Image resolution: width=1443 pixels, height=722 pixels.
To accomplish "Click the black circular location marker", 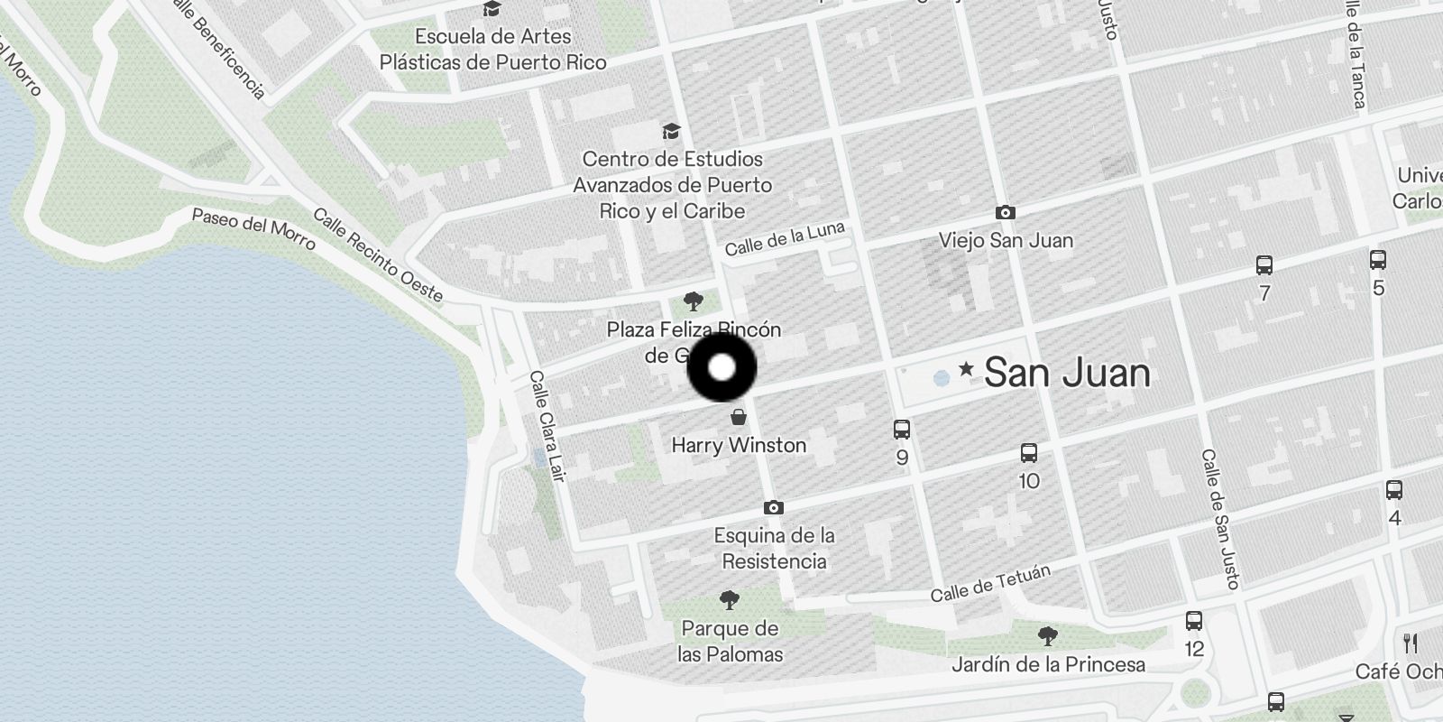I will [721, 367].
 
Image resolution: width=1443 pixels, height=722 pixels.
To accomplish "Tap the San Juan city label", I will [1067, 373].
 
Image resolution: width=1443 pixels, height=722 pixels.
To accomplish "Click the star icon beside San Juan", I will [966, 368].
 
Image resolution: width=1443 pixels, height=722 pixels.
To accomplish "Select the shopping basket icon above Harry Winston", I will [739, 417].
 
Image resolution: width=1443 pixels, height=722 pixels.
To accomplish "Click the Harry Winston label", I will [739, 445].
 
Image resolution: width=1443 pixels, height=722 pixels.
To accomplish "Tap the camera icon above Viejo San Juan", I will [1005, 213].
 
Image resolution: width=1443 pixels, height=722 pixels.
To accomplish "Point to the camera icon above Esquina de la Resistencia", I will [773, 508].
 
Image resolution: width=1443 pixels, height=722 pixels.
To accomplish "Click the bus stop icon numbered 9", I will [901, 430].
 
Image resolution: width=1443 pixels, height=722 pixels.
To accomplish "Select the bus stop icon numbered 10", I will [1029, 453].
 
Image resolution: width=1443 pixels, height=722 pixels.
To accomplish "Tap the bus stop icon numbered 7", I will [1264, 265].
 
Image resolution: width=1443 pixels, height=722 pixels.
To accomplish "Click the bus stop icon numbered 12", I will [1194, 621].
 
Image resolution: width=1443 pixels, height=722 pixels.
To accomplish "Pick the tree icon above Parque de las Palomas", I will [730, 599].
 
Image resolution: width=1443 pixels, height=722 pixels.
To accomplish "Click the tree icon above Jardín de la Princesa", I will [1047, 636].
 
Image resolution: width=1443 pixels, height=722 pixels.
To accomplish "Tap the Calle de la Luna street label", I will [785, 238].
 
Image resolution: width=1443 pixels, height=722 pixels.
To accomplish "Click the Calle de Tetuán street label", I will [990, 584].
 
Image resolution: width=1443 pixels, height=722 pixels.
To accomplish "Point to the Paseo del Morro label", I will [253, 229].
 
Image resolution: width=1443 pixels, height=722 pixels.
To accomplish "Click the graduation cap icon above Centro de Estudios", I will [670, 132].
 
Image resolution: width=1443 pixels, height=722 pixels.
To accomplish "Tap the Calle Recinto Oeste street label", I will [378, 255].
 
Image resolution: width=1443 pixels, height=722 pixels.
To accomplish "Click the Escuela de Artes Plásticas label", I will [492, 50].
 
